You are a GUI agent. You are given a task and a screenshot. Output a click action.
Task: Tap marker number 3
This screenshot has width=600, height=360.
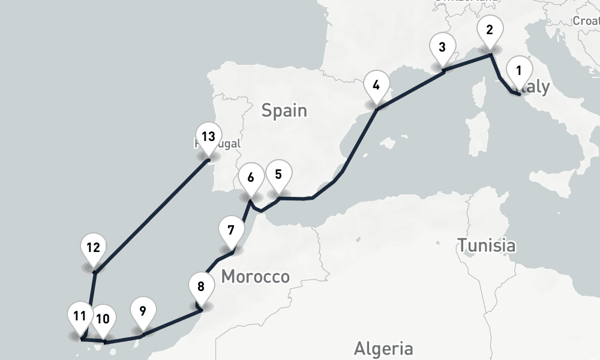[442, 49]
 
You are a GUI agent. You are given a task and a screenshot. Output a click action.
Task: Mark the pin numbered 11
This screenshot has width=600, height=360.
[80, 317]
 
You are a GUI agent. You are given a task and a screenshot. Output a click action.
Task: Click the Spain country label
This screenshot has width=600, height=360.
[284, 110]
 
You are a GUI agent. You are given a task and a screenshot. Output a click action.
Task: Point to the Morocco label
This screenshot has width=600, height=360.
[255, 277]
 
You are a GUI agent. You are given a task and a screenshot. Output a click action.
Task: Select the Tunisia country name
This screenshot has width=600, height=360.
[486, 245]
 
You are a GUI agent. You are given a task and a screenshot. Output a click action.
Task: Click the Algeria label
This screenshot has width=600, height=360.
[383, 348]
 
